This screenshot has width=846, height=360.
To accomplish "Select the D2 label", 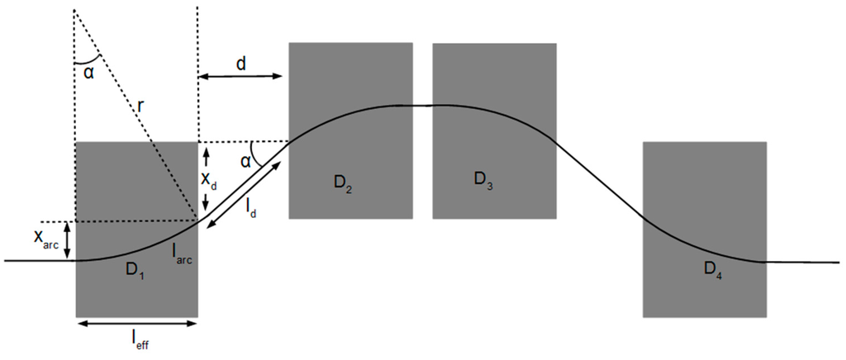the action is (x=345, y=184).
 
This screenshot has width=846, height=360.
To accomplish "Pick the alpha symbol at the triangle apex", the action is (x=88, y=73).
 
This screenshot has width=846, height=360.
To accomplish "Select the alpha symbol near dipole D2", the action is (x=245, y=160).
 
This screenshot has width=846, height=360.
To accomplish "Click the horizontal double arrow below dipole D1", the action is (x=136, y=323).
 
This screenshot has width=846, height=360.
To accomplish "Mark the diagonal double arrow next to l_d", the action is (x=244, y=189).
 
